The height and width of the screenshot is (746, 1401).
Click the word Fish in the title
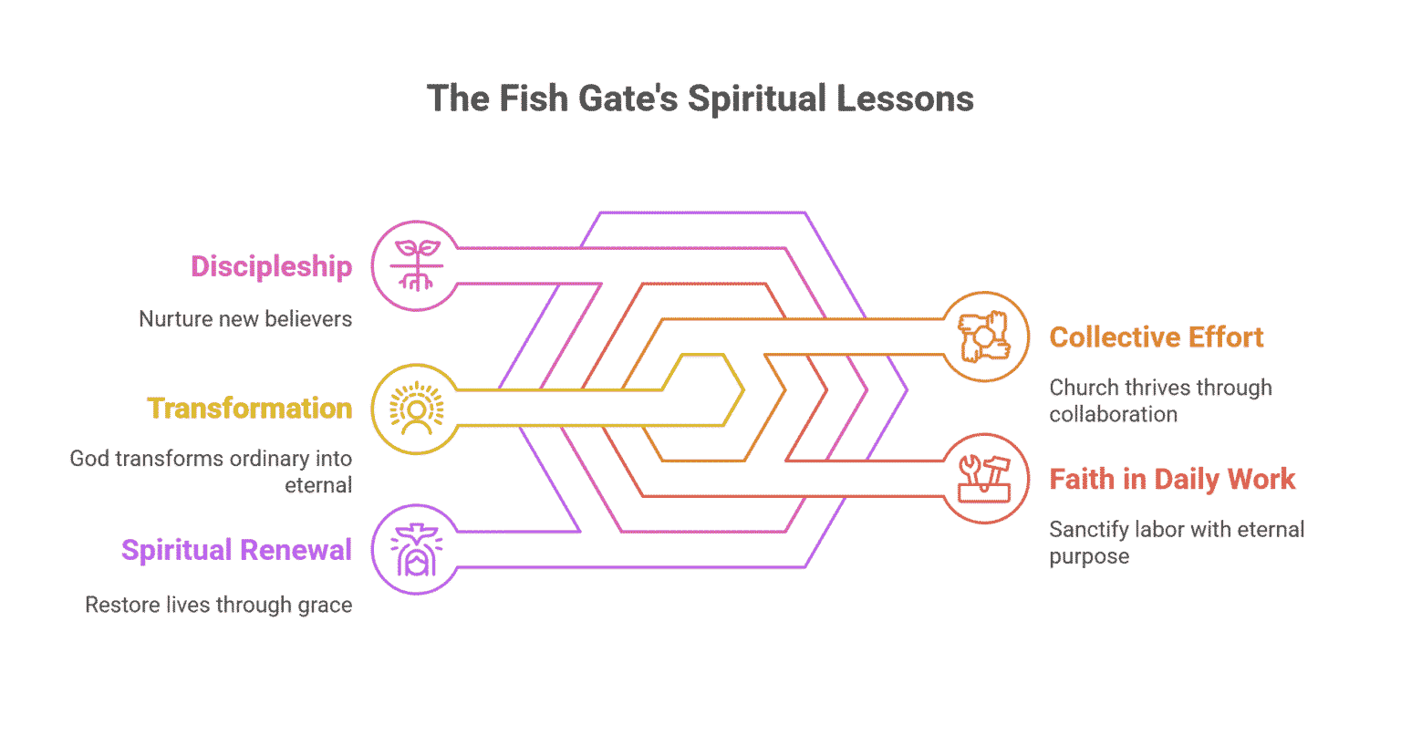534,98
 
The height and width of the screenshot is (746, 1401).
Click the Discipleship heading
271,266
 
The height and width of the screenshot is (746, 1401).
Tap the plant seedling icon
417,265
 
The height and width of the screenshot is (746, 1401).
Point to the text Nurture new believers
244,319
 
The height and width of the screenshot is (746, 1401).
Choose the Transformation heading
249,408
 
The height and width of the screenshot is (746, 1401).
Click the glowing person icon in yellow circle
417,408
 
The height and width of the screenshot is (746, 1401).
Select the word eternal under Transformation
317,485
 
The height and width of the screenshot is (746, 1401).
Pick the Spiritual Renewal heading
236,550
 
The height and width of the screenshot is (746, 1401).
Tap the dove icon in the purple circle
417,550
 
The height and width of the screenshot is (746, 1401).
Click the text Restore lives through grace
218,605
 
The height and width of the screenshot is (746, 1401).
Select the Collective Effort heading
1156,337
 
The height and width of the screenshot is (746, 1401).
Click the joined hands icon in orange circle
984,337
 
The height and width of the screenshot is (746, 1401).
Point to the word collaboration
1113,414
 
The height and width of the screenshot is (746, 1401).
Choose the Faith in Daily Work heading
1171,479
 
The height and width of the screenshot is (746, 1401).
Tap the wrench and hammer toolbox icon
984,479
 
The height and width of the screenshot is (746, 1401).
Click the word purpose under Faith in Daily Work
1088,556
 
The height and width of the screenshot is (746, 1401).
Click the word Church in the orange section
1083,388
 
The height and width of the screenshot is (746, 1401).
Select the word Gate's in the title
628,98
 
